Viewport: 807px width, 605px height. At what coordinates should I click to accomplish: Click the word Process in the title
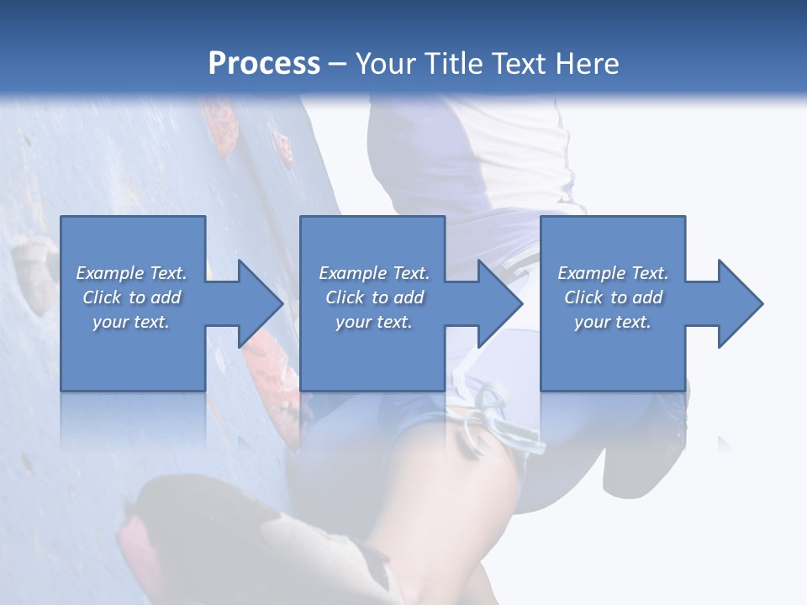click(264, 63)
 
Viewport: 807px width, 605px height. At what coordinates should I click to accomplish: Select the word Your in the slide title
click(383, 63)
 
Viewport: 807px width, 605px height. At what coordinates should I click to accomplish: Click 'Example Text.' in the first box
click(131, 273)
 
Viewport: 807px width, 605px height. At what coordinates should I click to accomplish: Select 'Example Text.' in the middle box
click(373, 273)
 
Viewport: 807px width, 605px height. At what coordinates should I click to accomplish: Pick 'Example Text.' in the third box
click(613, 273)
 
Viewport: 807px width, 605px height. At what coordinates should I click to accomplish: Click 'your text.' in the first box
click(131, 322)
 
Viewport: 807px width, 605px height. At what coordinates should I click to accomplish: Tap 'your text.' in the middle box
click(373, 322)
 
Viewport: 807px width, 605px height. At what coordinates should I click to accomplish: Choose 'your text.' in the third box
click(613, 322)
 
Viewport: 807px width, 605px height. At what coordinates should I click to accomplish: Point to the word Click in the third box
click(583, 297)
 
